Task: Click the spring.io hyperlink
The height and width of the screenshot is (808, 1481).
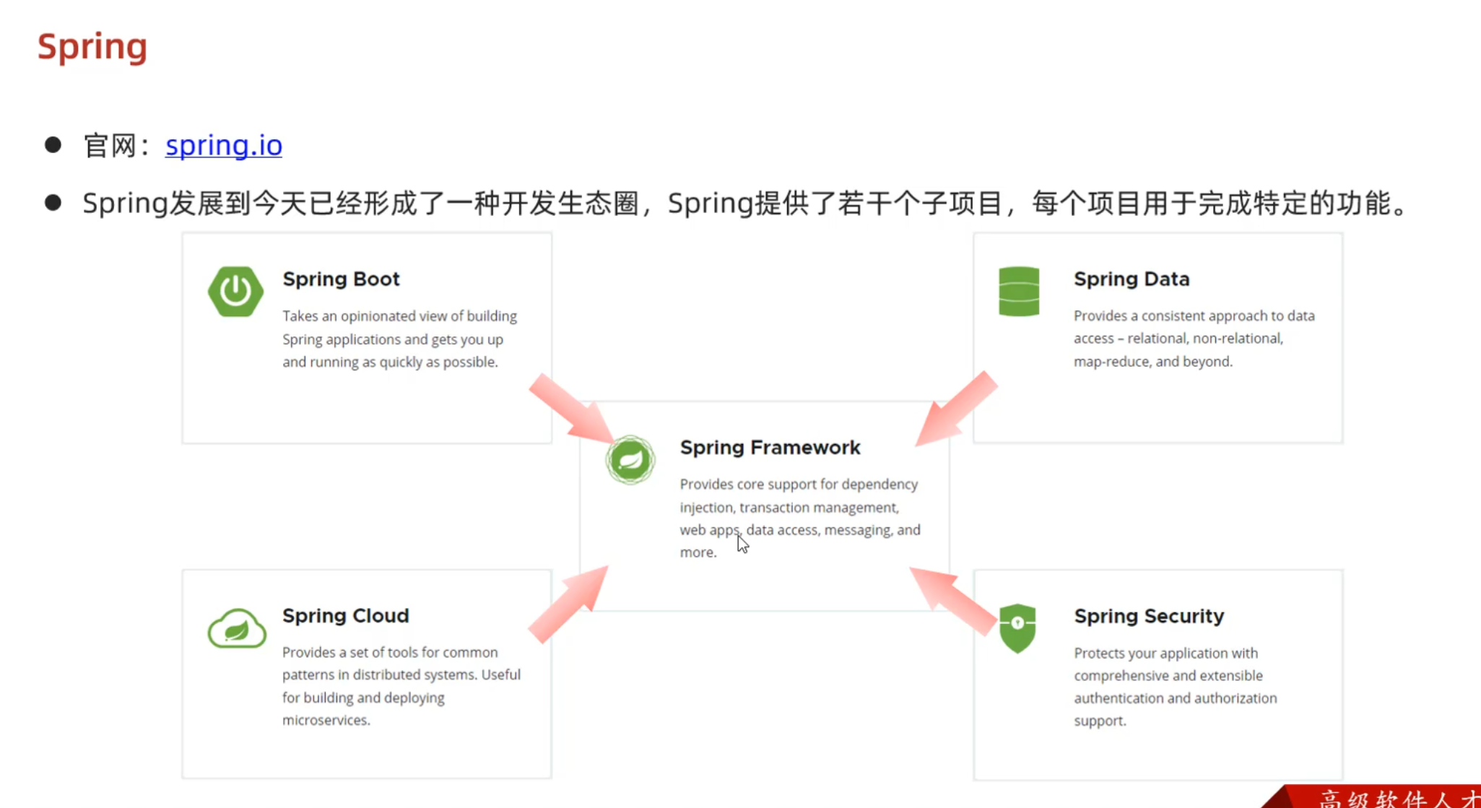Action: coord(223,145)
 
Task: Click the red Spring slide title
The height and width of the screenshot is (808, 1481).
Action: coord(92,47)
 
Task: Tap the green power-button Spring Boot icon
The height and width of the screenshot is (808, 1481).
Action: coord(235,291)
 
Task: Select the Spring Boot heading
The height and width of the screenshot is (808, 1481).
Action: coord(341,279)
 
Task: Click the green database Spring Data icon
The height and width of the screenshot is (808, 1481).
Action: coord(1018,291)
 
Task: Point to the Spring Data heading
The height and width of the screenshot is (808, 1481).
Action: coord(1131,279)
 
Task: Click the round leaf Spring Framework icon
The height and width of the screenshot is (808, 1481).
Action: coord(630,459)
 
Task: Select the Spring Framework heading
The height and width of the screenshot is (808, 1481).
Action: coord(770,448)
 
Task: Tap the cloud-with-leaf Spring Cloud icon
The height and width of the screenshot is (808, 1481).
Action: coord(236,628)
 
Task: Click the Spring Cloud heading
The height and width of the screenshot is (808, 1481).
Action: coord(345,615)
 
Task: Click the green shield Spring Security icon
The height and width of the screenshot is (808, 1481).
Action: coord(1017,627)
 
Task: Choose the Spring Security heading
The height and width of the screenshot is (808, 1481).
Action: coord(1148,616)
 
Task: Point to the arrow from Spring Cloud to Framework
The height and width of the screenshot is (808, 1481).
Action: coord(570,604)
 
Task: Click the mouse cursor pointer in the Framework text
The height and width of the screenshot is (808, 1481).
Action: coord(742,544)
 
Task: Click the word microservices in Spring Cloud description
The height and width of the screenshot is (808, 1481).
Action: coord(325,720)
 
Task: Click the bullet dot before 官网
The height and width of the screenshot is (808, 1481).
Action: coord(53,144)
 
